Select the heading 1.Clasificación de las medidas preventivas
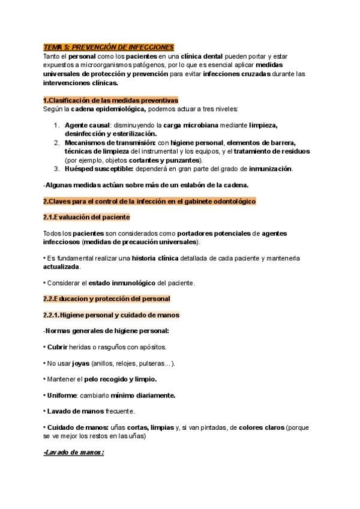pos(110,100)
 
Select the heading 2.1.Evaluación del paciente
pos(86,217)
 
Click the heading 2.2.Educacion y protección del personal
pos(107,298)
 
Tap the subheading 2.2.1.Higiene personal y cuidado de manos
pos(111,315)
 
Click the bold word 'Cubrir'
pos(58,347)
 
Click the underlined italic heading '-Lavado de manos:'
pos(74,453)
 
